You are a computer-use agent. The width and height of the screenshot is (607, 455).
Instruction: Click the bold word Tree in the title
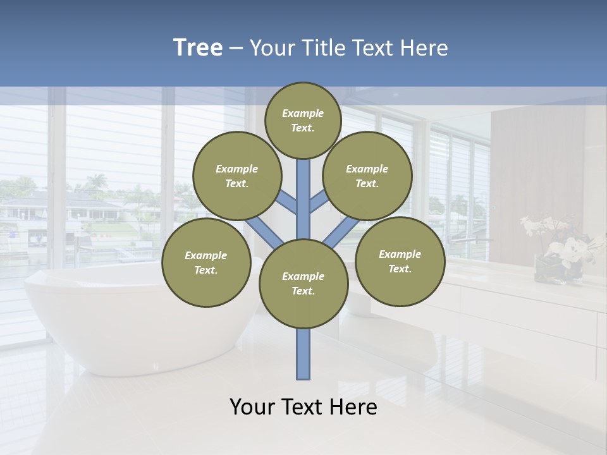pyautogui.click(x=198, y=48)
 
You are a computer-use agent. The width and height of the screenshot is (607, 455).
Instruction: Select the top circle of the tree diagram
pyautogui.click(x=303, y=120)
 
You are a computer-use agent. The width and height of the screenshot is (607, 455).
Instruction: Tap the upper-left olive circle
pyautogui.click(x=237, y=176)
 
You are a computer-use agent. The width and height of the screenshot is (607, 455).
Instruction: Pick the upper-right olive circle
pyautogui.click(x=367, y=176)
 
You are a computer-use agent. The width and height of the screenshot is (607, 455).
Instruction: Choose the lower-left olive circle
pyautogui.click(x=206, y=262)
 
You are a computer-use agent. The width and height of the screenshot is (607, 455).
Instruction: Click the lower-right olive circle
pyautogui.click(x=400, y=261)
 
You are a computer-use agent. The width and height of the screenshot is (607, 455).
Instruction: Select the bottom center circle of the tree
pyautogui.click(x=303, y=284)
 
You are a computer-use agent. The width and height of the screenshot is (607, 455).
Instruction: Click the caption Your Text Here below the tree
pyautogui.click(x=303, y=408)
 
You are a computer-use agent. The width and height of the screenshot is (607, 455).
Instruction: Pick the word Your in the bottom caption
pyautogui.click(x=252, y=408)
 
